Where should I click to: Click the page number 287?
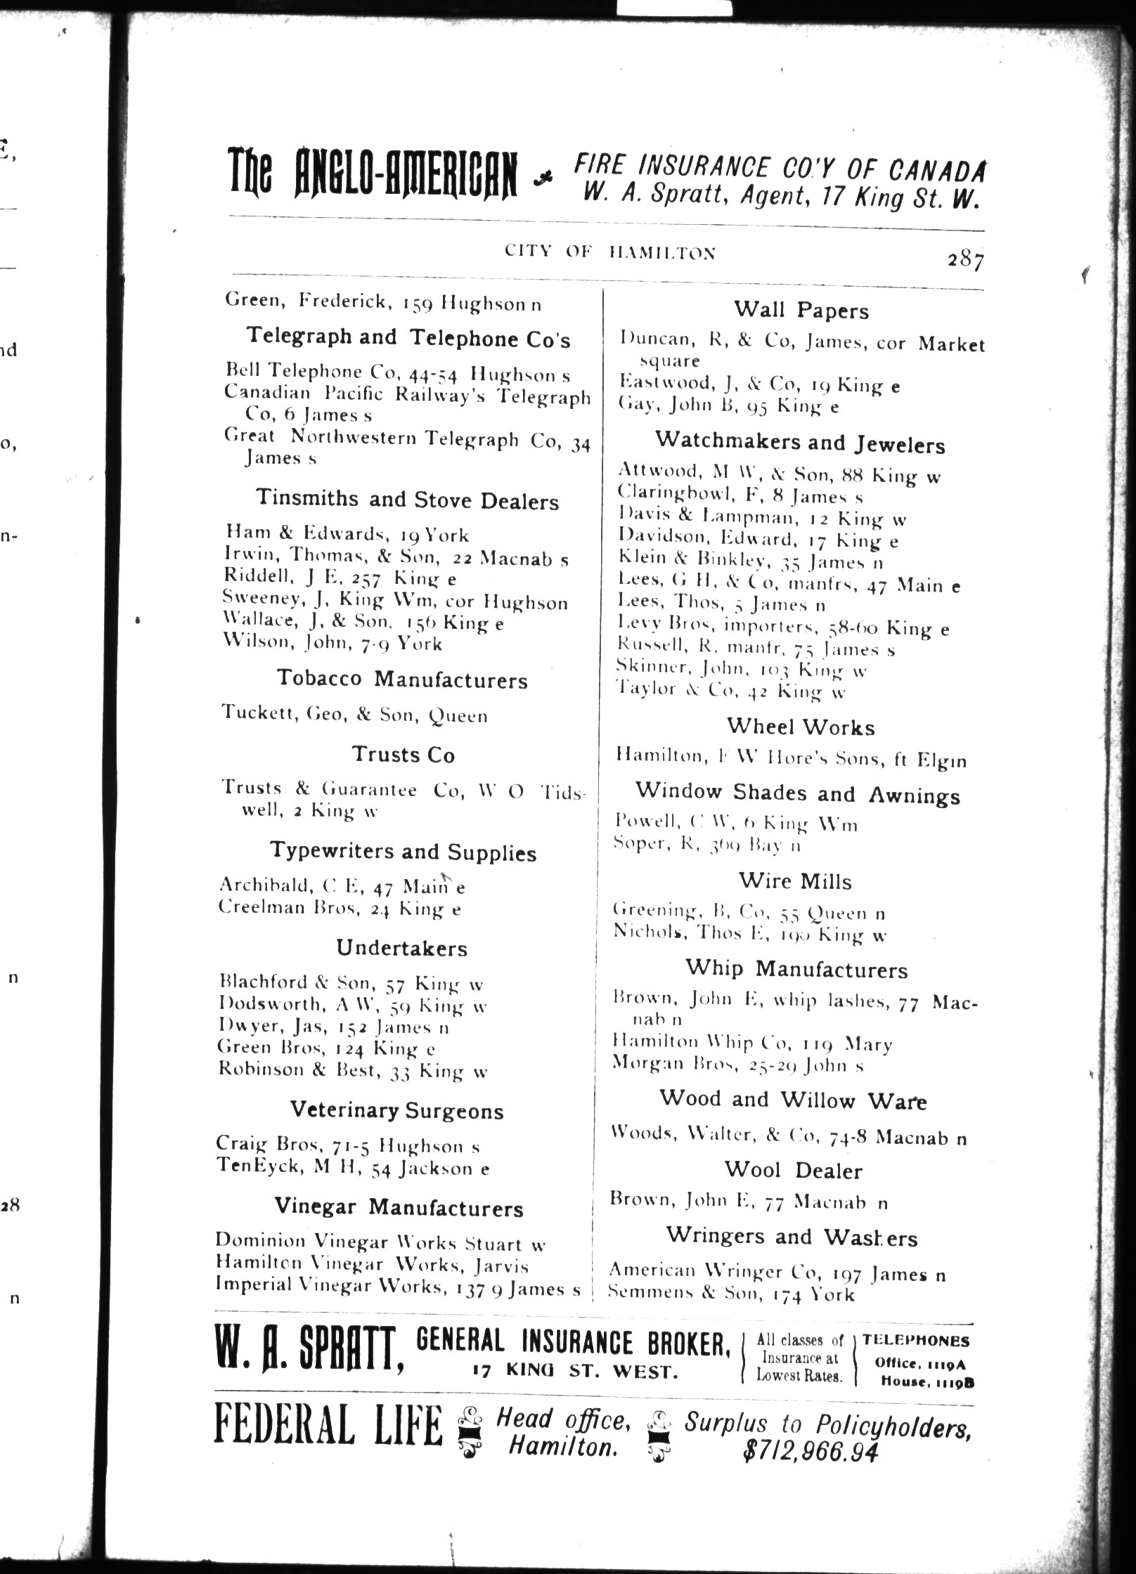coord(964,260)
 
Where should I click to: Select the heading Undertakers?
coord(401,948)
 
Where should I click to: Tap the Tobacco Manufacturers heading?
coord(401,679)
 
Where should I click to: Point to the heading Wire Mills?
coord(795,881)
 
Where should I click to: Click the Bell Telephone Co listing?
coord(398,373)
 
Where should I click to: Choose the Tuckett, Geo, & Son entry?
coord(354,715)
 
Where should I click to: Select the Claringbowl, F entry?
coord(740,495)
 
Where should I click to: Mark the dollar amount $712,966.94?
coord(811,1452)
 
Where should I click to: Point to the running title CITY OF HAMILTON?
coord(610,252)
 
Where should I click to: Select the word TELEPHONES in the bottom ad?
coord(916,1341)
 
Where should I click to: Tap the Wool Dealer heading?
coord(794,1170)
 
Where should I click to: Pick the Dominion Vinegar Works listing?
coord(380,1242)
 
